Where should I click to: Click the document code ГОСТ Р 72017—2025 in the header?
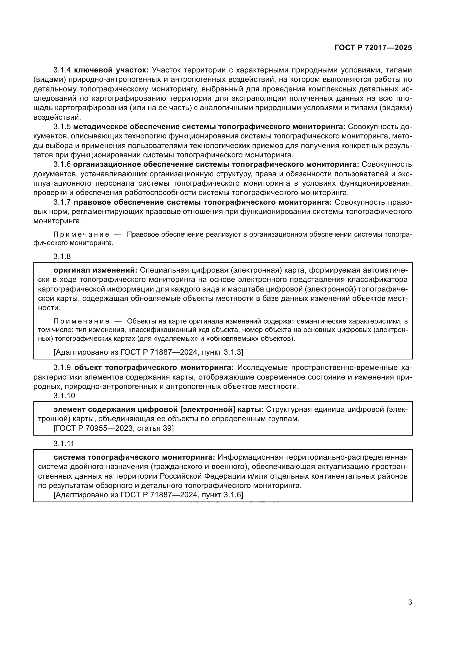tap(373, 48)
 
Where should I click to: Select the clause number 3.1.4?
tap(62, 70)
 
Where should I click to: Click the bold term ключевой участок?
tap(111, 70)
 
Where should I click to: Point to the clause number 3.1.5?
tap(62, 127)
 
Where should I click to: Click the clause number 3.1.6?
tap(62, 164)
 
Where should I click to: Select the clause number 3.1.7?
tap(62, 202)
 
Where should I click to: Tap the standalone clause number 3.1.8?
tap(62, 256)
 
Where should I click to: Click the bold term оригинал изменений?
tap(96, 270)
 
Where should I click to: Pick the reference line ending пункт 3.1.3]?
tap(149, 352)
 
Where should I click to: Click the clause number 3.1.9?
tap(62, 368)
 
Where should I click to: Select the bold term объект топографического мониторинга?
tap(154, 368)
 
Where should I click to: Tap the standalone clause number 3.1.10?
tap(64, 396)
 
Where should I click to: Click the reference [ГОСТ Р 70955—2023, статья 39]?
tap(113, 428)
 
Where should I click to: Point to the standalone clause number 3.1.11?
tap(64, 444)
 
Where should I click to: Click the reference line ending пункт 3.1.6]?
tap(149, 495)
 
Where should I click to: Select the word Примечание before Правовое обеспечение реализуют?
tap(81, 234)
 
